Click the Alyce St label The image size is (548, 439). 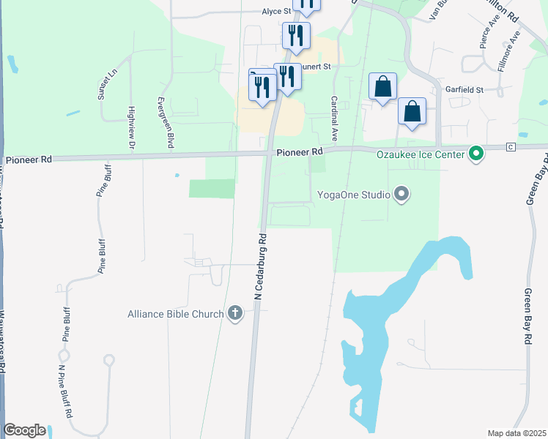pos(277,12)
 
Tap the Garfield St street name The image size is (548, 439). pos(464,89)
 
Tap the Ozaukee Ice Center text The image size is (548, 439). pos(421,154)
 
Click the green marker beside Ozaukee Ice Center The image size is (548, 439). pos(476,154)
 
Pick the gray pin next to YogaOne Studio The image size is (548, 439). pos(401,195)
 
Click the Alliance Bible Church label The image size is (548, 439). pos(175,314)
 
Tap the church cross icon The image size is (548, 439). pos(235,314)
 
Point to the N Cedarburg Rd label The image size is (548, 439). pos(260,266)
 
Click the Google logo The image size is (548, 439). pos(25,430)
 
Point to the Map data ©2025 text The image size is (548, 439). pos(516,433)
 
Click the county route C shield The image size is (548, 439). pos(511,147)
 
